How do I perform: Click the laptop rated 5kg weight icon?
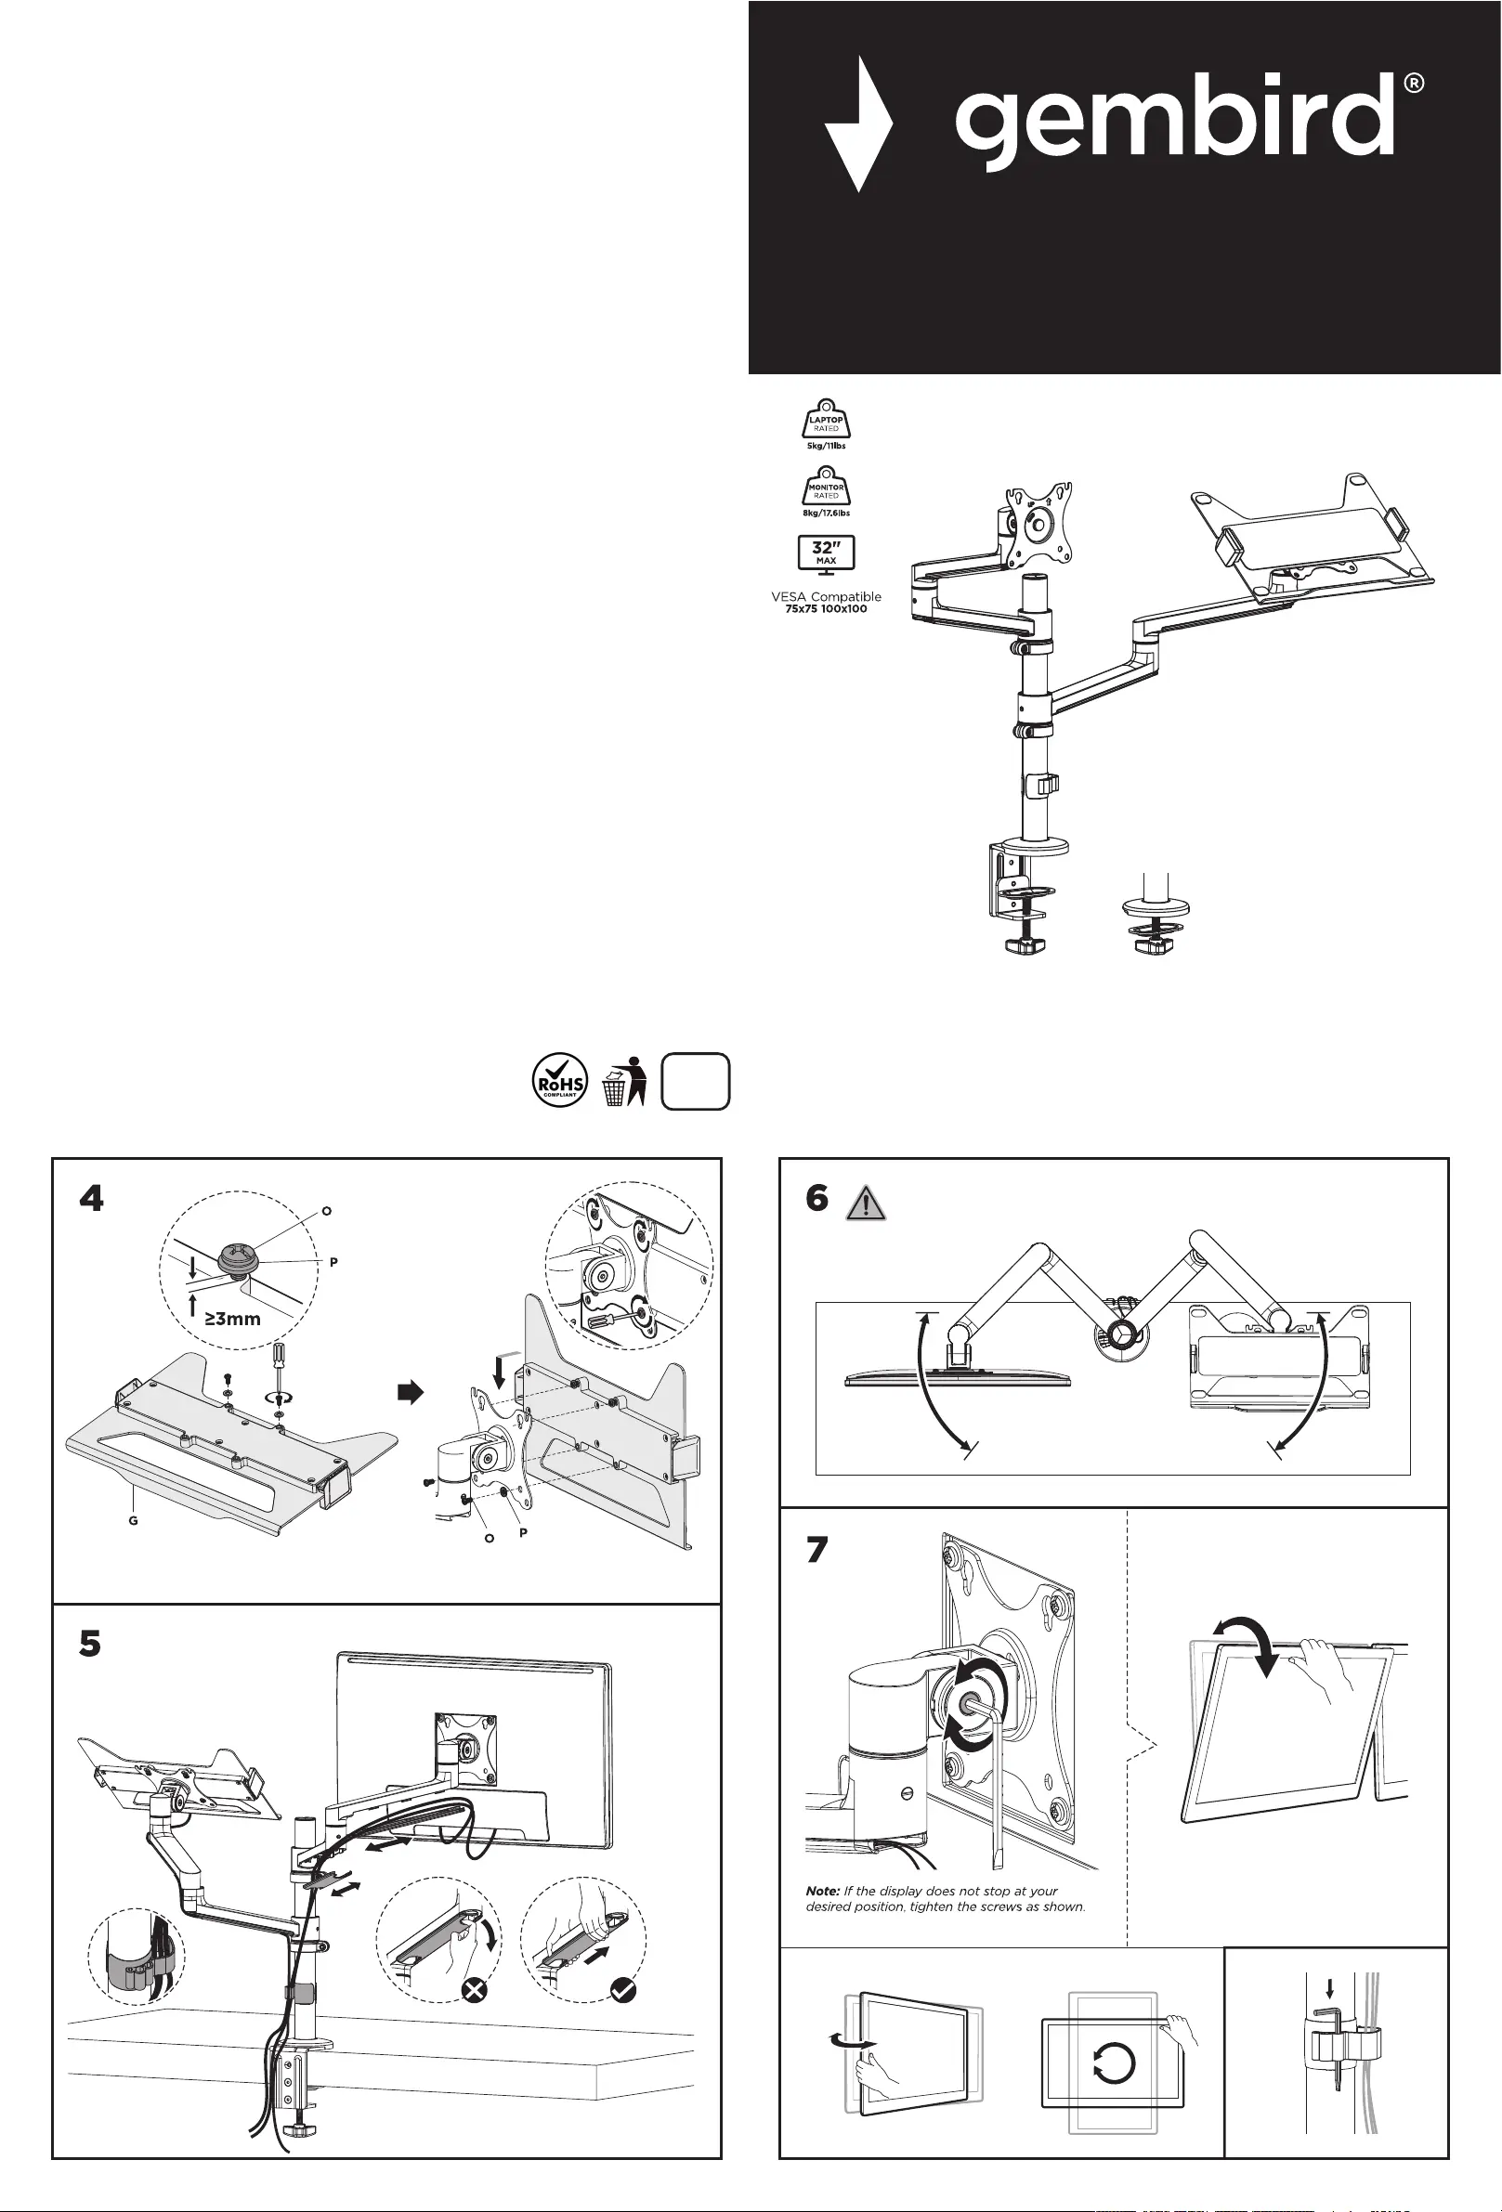(x=825, y=420)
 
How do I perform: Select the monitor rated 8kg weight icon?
(x=825, y=488)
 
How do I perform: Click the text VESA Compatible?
(x=825, y=597)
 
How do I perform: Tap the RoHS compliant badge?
(x=560, y=1081)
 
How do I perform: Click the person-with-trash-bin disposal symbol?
(x=624, y=1081)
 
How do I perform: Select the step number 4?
(x=91, y=1198)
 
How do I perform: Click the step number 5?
(x=90, y=1643)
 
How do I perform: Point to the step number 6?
(x=816, y=1198)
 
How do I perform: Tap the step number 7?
(x=816, y=1551)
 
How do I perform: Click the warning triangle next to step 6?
(x=865, y=1204)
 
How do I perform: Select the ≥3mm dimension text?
(x=232, y=1320)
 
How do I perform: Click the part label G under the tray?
(x=133, y=1521)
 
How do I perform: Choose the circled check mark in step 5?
(x=622, y=1989)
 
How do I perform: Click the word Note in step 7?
(x=822, y=1892)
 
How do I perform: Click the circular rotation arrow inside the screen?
(x=1113, y=2063)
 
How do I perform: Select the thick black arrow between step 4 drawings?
(x=410, y=1393)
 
